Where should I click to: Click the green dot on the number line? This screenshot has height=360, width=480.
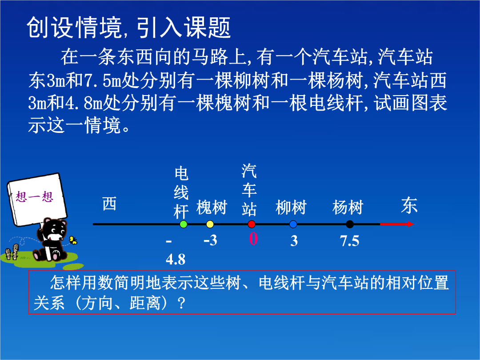pos(184,224)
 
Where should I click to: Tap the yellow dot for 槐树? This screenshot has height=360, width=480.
pos(210,224)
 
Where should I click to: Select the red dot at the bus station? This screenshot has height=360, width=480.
pos(252,224)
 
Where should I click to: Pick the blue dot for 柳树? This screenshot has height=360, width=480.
pos(293,224)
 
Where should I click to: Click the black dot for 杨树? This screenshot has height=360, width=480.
pos(350,224)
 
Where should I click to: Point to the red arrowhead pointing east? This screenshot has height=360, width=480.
pos(411,224)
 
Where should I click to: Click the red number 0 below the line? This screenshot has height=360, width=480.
pos(253,239)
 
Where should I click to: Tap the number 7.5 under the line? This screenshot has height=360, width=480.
pos(350,241)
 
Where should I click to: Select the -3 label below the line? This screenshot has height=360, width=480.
pos(210,240)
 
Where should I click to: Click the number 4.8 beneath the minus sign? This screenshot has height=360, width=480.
pos(176,260)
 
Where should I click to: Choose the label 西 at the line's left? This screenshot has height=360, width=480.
pos(109,204)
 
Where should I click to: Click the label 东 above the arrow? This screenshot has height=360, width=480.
pos(409,205)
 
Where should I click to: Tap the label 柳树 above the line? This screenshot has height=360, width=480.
pos(291,208)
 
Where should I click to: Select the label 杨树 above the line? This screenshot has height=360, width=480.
pos(348,208)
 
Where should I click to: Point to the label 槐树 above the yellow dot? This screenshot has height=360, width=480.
pos(212,208)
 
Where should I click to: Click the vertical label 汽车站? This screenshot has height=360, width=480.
pos(249,190)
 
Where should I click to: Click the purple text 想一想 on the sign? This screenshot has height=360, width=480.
pos(35,196)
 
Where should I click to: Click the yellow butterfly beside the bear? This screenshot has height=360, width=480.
pos(73,240)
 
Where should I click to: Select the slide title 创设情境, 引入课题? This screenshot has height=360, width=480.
pos(128,28)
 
